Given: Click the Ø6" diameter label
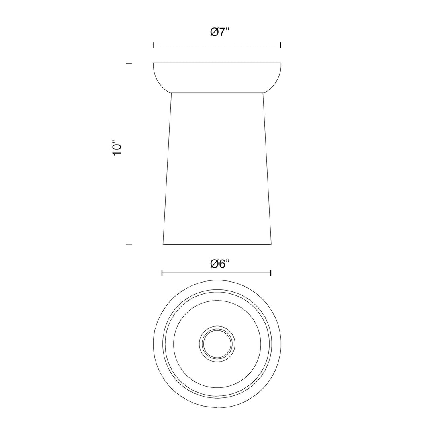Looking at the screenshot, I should [220, 264].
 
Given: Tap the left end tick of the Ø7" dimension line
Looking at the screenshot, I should [154, 45].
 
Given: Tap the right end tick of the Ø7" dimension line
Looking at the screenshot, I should [280, 45].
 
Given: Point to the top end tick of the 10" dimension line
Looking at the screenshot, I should [129, 63].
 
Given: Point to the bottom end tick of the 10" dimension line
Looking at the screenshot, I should [129, 244].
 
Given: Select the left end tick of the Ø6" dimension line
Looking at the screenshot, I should [162, 273].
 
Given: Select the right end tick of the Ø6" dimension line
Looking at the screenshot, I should [271, 273].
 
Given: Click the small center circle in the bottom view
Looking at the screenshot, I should [217, 344].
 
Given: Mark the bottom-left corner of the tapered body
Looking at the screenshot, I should [163, 244].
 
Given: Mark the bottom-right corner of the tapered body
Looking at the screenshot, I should [272, 244].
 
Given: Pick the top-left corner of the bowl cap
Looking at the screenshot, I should [154, 63].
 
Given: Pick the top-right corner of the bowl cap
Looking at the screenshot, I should [281, 63].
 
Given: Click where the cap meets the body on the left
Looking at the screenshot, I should [171, 93].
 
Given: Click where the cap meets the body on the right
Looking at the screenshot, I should [263, 93].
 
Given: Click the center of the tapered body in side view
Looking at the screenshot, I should [217, 168].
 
